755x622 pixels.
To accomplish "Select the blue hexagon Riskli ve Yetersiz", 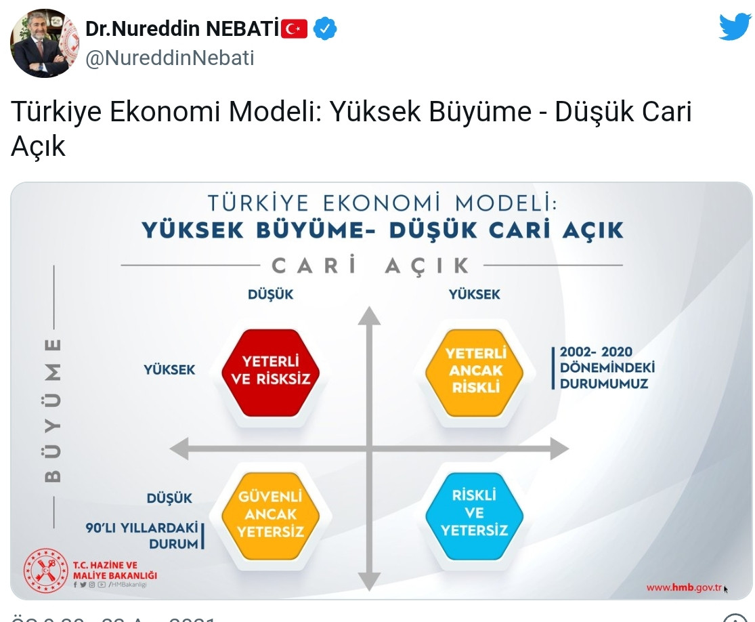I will (474, 513).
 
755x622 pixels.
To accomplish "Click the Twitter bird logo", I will (734, 28).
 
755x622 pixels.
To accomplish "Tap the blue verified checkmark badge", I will (325, 28).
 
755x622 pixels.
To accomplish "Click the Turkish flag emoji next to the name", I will (294, 28).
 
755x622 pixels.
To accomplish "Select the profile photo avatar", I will (45, 43).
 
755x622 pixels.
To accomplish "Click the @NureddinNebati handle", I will (170, 58).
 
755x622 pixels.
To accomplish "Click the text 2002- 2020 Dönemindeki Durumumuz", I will (606, 368).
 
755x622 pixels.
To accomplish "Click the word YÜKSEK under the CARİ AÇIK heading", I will (475, 294).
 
